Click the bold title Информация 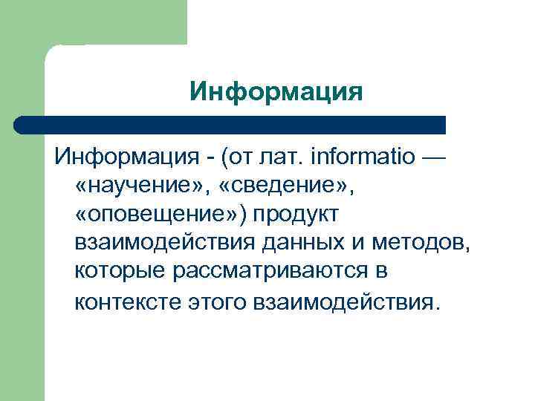[x=276, y=91]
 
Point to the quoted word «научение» [x=132, y=186]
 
